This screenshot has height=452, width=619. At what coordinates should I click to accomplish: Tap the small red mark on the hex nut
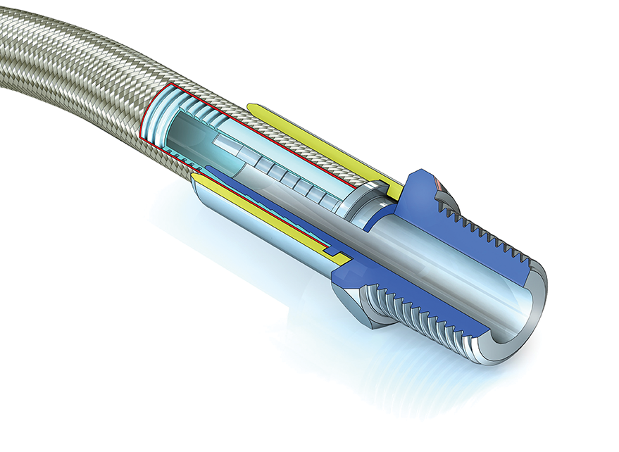[440, 184]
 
